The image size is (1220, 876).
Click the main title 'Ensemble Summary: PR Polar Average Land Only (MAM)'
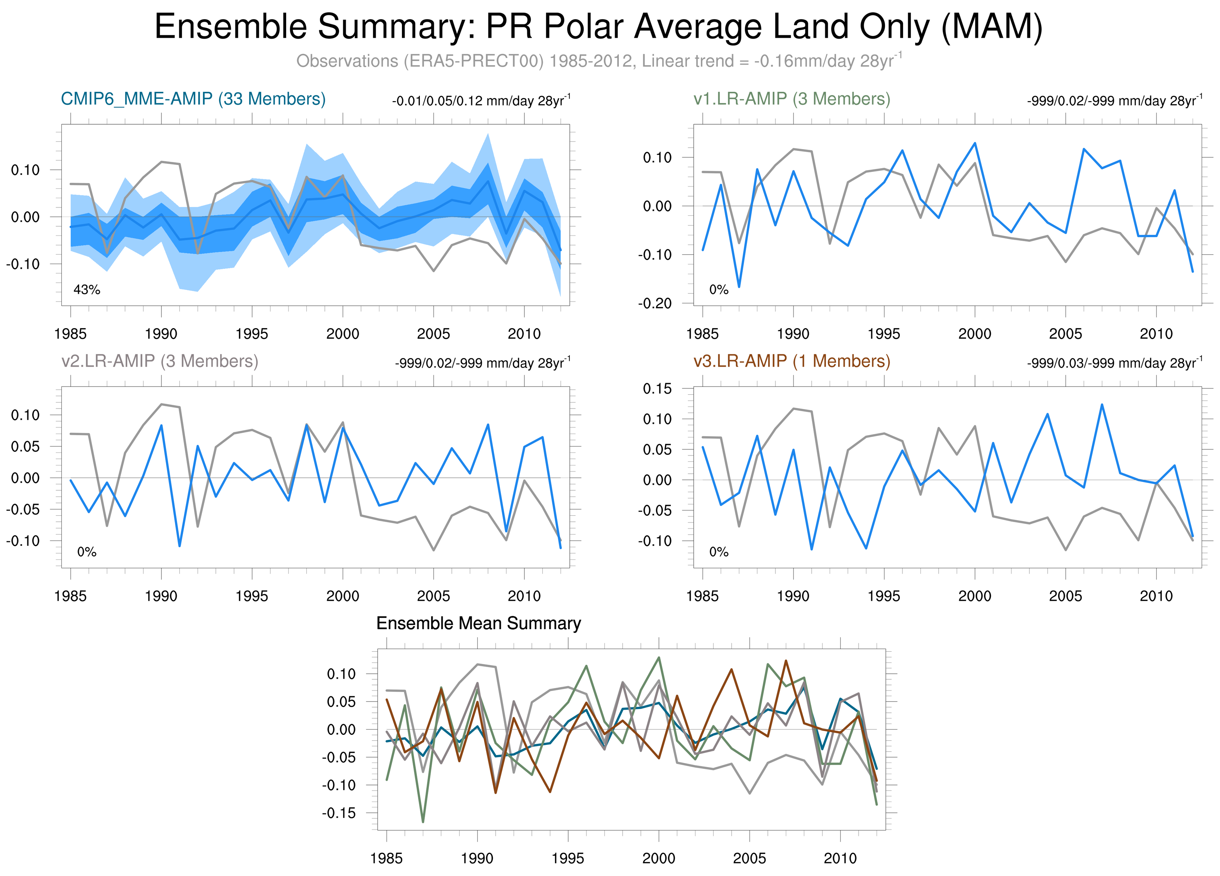598,27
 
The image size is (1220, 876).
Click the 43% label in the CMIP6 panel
87,290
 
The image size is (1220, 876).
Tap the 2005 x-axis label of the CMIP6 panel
433,334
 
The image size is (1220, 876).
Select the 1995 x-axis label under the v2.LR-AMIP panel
252,596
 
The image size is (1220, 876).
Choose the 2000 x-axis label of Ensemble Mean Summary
659,858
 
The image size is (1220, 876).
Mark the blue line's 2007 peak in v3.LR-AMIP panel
1102,404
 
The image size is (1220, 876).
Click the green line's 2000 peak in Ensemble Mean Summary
659,658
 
